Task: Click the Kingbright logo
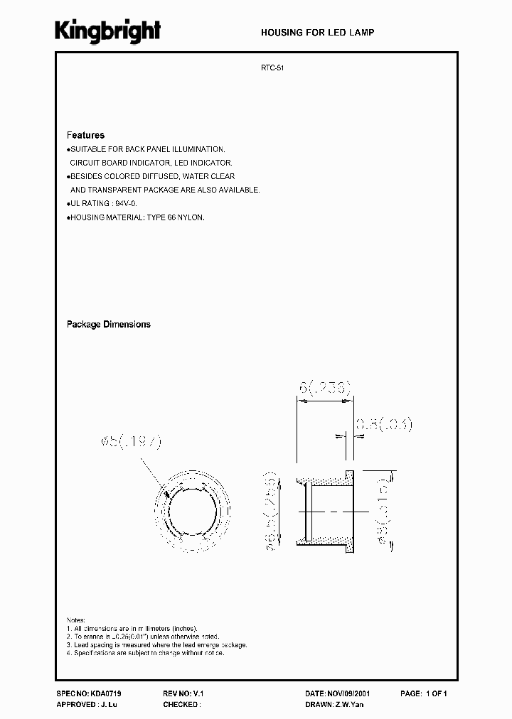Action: (x=108, y=31)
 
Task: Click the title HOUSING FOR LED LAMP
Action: (x=317, y=33)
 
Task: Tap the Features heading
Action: (x=85, y=135)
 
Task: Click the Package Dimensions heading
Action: (x=109, y=324)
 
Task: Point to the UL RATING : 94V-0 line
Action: (x=103, y=203)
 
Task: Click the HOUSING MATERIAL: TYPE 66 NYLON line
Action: (x=137, y=217)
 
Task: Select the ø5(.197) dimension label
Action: (x=133, y=442)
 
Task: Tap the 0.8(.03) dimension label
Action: (x=383, y=425)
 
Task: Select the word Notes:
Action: (x=76, y=620)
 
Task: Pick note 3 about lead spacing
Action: (x=156, y=644)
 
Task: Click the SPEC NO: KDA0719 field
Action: (x=84, y=693)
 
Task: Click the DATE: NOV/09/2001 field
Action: (x=337, y=693)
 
